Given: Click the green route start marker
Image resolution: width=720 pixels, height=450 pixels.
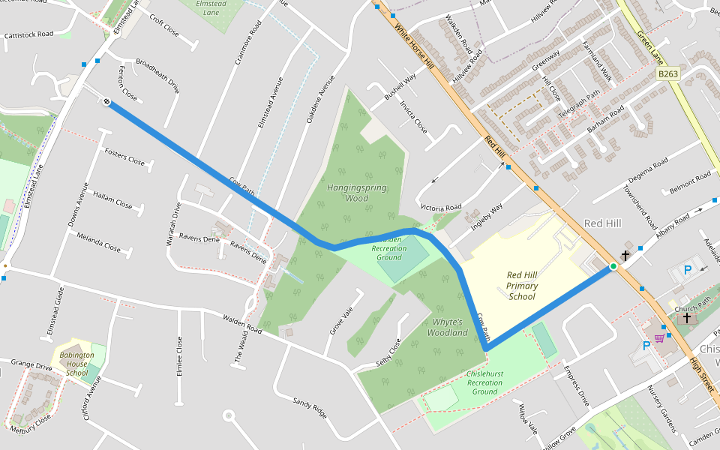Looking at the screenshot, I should (613, 266).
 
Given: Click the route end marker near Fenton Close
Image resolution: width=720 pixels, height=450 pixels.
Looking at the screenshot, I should (107, 102).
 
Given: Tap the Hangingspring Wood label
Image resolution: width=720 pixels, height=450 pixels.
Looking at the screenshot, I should (357, 193).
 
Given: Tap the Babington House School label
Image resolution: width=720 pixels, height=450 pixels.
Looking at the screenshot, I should (76, 364).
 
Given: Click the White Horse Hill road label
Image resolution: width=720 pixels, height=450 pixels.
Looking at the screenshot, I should (414, 43).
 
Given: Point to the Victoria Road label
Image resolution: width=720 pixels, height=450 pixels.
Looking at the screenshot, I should (440, 207).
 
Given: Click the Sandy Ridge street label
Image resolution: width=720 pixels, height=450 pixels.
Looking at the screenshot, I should (310, 408).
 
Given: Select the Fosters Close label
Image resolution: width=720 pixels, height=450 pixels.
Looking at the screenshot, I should (124, 157).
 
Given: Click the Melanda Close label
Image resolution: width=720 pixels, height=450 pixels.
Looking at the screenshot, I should (98, 241).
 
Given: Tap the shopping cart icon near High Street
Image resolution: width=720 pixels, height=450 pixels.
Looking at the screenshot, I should (659, 338).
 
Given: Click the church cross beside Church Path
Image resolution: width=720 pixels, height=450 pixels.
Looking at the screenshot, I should (685, 318).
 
